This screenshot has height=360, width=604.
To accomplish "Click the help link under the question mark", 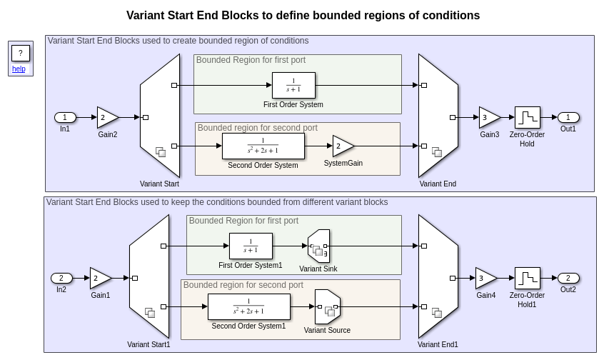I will point(19,69).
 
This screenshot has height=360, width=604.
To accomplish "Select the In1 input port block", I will point(65,118).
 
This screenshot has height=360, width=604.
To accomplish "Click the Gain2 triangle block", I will point(106,117).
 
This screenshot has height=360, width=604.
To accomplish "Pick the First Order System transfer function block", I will point(293,86).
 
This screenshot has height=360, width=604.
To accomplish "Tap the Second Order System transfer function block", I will point(263,146).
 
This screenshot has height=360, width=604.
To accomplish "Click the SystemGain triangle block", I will point(342,146).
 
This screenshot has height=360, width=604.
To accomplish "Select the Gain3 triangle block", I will point(488,118).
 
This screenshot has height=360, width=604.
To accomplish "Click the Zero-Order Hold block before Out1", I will point(527,118).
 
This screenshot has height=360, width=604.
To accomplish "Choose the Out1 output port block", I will point(568,118).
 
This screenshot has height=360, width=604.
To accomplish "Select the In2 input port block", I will point(61,279).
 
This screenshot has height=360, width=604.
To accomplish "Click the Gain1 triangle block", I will point(99,279).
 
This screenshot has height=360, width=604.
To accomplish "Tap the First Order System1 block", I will point(251,246).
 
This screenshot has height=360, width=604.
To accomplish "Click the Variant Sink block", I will point(318,246).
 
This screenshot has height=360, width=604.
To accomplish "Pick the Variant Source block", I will point(327,307).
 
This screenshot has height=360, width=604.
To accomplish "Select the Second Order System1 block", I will point(248,307).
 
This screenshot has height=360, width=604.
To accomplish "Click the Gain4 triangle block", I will point(485,279).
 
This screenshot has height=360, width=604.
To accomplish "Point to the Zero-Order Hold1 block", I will point(527,279).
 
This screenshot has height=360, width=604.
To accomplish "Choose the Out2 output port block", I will point(568,279).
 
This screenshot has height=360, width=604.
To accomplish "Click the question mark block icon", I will point(21,53).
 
